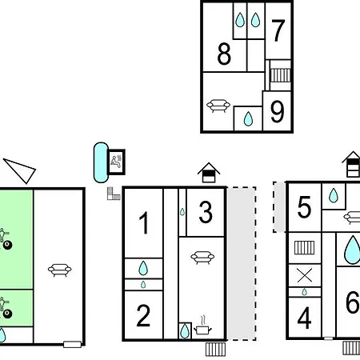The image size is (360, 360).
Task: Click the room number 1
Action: (x=144, y=222)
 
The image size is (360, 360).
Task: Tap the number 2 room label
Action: (x=143, y=315)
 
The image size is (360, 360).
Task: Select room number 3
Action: (x=206, y=212)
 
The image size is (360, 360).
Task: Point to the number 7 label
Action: (x=278, y=30)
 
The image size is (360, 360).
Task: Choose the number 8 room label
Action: (x=224, y=54)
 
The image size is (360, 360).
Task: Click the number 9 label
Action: (x=277, y=111)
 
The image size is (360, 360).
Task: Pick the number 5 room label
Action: (x=304, y=207)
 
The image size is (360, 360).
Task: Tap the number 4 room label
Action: (x=304, y=318)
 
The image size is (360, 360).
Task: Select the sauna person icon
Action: (x=116, y=162)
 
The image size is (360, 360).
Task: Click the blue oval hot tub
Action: (x=101, y=162)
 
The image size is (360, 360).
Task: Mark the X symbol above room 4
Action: (x=305, y=276)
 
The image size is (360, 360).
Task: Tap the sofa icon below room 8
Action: (x=218, y=106)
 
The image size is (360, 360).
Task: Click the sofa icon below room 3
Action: (x=202, y=258)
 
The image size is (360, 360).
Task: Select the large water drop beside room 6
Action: (x=352, y=250)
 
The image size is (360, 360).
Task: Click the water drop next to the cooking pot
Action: (x=185, y=331)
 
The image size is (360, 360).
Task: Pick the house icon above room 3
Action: (x=209, y=172)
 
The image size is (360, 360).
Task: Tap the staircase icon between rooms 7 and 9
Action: (x=280, y=75)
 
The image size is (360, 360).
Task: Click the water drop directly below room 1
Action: (x=143, y=268)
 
